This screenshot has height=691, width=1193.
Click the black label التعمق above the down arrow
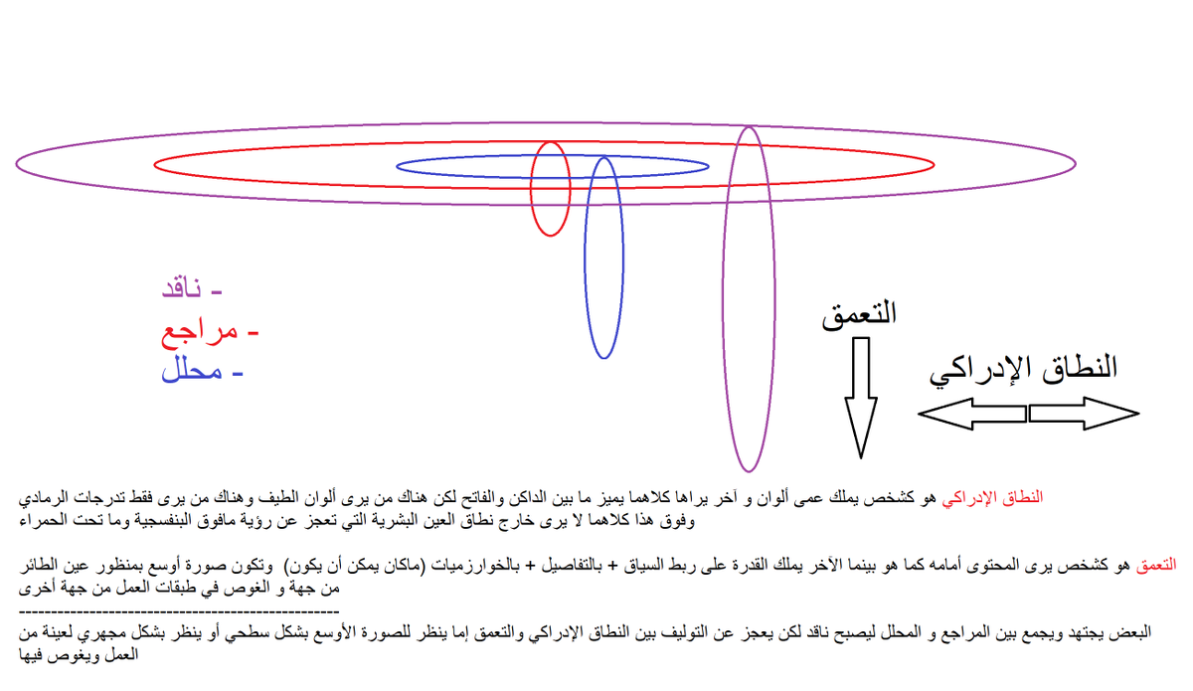tap(859, 314)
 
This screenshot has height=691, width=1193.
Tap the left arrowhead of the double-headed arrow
tap(939, 414)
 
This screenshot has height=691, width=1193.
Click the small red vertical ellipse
tap(550, 188)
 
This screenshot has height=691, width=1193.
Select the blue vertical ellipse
tap(603, 257)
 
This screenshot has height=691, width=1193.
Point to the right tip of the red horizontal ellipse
tap(934, 164)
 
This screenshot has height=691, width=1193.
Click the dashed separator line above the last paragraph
tap(179, 609)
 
